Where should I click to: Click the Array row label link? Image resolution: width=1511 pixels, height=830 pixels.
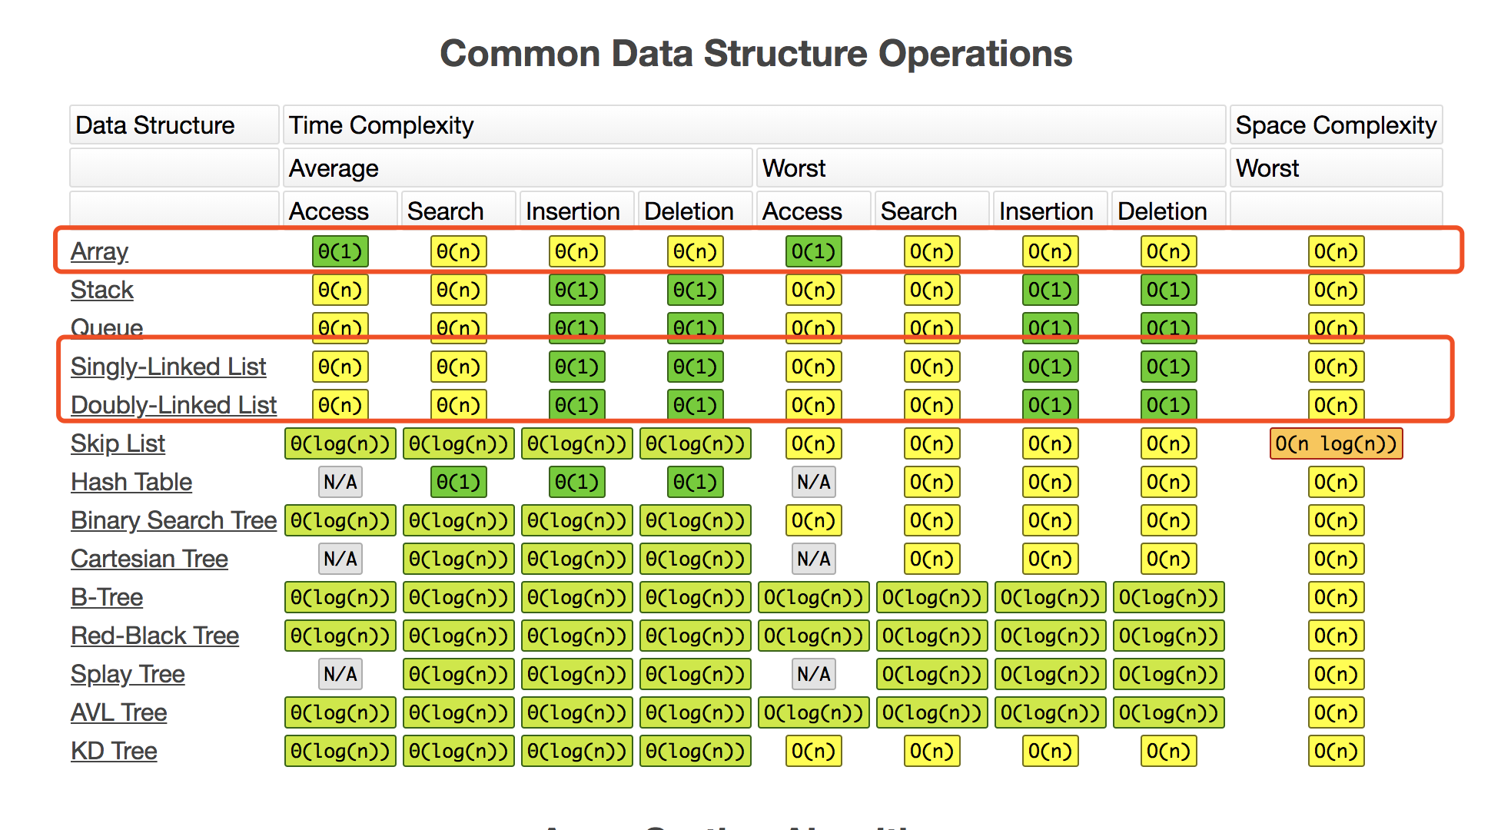point(99,251)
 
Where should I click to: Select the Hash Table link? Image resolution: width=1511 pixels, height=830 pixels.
point(131,482)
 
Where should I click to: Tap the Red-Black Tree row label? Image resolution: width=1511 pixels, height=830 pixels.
point(154,636)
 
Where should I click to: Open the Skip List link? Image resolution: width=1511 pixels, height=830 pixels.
point(118,443)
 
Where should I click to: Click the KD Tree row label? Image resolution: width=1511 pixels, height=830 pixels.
point(114,751)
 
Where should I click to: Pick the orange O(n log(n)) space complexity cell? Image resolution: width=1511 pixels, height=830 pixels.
point(1337,443)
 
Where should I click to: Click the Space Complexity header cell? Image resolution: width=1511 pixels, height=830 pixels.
point(1336,125)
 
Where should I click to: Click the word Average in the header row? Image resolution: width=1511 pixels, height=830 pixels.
point(334,168)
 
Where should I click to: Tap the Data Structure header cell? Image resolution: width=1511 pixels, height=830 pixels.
point(174,125)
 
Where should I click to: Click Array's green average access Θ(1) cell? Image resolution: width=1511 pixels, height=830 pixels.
point(340,251)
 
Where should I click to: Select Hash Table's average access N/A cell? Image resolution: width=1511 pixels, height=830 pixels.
point(340,482)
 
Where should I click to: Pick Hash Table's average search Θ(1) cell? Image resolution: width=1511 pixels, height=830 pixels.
point(459,482)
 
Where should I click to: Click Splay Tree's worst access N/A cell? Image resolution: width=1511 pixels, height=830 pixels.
point(814,674)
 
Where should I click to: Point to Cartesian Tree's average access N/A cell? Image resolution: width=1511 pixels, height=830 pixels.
point(340,559)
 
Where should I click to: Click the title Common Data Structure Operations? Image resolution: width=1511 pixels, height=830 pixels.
point(755,54)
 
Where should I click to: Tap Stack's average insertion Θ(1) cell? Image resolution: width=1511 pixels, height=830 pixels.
point(577,290)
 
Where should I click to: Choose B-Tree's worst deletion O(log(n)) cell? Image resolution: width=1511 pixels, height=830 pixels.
point(1169,597)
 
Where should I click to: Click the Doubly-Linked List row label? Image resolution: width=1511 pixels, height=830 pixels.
point(174,405)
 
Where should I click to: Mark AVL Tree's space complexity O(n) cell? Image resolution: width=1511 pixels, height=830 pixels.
point(1337,712)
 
